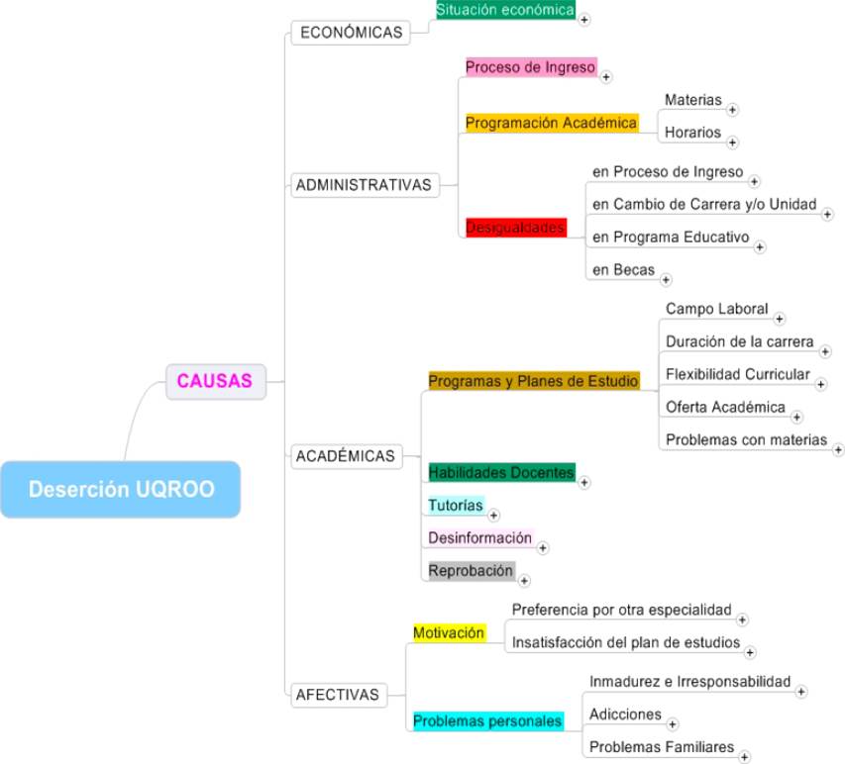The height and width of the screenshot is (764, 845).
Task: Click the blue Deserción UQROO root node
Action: coord(120,489)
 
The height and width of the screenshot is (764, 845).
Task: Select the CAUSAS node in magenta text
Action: coord(215,379)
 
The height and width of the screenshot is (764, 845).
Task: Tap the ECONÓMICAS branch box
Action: coord(351,33)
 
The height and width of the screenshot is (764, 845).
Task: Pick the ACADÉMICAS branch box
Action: coord(346,456)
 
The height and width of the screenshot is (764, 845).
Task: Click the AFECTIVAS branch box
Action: coord(338,695)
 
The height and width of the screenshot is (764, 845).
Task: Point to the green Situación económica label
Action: coord(505,10)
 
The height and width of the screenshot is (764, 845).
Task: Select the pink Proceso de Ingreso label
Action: coord(531,67)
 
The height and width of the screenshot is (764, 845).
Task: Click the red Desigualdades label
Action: coord(515,228)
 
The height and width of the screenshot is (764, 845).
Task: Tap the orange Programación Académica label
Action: coord(551,123)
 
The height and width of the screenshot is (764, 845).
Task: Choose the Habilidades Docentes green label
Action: coord(500,472)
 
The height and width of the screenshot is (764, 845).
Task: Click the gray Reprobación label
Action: coord(471,570)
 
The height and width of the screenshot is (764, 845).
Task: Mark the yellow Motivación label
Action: coord(449,631)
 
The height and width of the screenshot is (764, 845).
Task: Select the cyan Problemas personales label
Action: coord(487,720)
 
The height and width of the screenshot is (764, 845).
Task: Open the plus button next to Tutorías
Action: coord(494,515)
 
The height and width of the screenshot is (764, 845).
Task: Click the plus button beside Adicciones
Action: coord(673,723)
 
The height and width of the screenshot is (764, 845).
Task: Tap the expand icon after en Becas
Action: coord(666,280)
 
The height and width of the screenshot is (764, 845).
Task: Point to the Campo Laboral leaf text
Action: coord(716,309)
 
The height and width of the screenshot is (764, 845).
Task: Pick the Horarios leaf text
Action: coord(692,132)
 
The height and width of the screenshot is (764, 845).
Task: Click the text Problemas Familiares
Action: coord(661,746)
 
